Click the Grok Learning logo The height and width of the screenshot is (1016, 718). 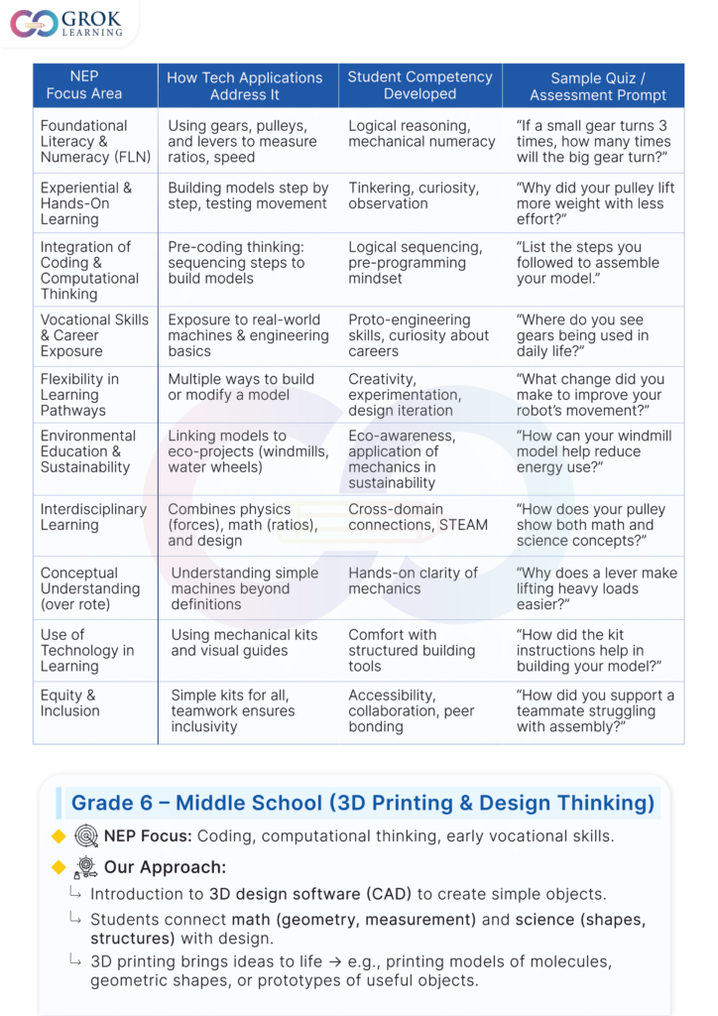(x=66, y=23)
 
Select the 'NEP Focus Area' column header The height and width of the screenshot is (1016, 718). (x=84, y=85)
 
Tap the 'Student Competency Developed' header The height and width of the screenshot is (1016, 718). (x=419, y=85)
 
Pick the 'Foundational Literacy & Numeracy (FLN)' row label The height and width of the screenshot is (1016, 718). (x=84, y=141)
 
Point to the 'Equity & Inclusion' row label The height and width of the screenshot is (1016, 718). (x=69, y=702)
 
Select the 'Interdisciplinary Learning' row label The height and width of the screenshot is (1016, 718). (x=93, y=517)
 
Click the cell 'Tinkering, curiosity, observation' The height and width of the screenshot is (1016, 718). (x=413, y=195)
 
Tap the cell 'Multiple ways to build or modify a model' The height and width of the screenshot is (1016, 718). (x=241, y=387)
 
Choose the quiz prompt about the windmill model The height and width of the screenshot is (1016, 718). (x=593, y=451)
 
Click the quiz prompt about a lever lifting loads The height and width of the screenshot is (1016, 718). (x=596, y=588)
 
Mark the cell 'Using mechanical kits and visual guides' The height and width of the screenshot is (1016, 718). (x=244, y=643)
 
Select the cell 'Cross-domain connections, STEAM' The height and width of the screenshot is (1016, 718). (x=418, y=517)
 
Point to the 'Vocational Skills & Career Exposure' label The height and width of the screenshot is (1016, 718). (x=94, y=335)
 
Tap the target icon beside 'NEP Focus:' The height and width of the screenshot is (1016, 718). (x=86, y=836)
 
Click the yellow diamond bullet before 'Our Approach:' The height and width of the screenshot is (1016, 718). (x=59, y=867)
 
